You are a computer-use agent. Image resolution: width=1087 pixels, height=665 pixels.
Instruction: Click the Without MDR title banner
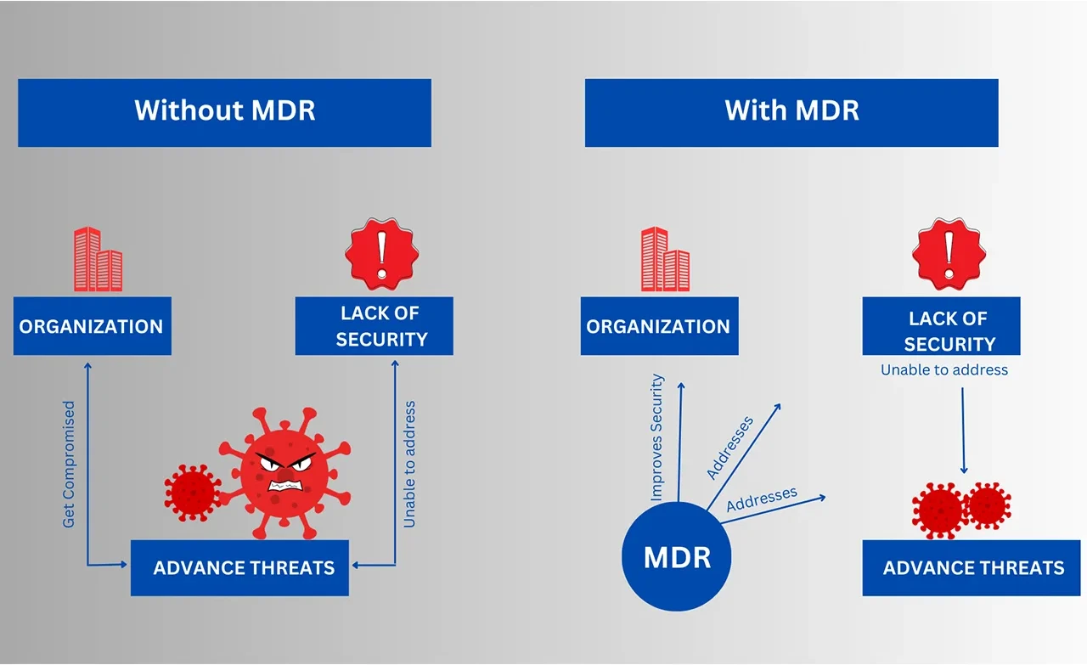pyautogui.click(x=224, y=112)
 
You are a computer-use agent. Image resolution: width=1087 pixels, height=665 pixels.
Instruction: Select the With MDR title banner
pyautogui.click(x=791, y=112)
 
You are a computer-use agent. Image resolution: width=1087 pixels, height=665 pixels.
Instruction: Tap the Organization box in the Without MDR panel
pyautogui.click(x=92, y=326)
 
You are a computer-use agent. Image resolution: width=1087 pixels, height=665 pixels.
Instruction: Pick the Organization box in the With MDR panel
pyautogui.click(x=659, y=326)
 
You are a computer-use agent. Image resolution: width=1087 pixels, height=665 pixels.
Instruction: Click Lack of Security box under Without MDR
pyautogui.click(x=374, y=326)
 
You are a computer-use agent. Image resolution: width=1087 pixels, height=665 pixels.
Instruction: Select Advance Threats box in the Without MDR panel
pyautogui.click(x=239, y=568)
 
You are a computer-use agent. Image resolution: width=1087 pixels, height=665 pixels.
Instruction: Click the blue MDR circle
pyautogui.click(x=677, y=558)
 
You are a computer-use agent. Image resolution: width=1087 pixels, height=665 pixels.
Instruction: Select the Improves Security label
pyautogui.click(x=656, y=437)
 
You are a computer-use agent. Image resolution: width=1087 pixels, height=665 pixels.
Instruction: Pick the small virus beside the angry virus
pyautogui.click(x=191, y=490)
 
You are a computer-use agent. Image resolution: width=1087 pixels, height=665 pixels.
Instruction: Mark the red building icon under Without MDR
pyautogui.click(x=98, y=258)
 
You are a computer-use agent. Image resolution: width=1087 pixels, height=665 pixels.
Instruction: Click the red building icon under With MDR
pyautogui.click(x=665, y=258)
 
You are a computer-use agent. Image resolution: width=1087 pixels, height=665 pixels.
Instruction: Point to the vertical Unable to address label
pyautogui.click(x=410, y=465)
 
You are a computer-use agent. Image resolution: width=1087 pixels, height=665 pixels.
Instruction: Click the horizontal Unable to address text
pyautogui.click(x=944, y=370)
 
